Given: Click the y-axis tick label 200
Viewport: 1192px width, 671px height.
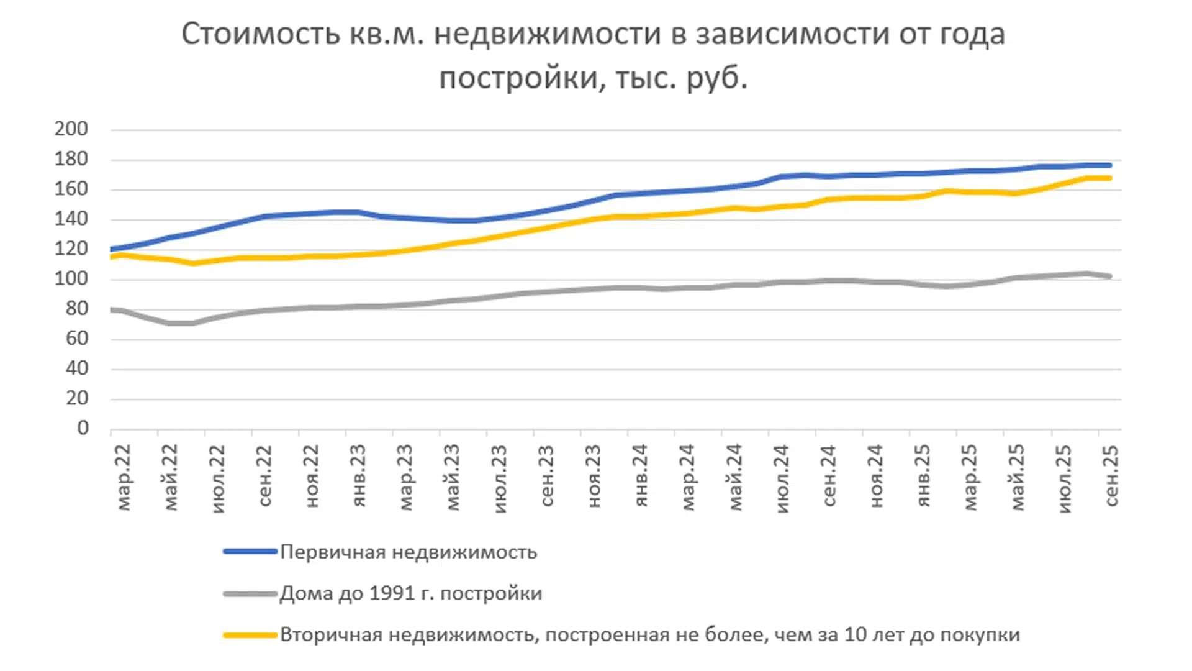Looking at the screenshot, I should [71, 129].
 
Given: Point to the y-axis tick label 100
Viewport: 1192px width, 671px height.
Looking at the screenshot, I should [71, 278].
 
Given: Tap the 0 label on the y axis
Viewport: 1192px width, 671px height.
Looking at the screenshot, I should [83, 428].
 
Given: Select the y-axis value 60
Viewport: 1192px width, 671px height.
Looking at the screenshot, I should [76, 339].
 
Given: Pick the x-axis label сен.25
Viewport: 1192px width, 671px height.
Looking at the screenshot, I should [1111, 476].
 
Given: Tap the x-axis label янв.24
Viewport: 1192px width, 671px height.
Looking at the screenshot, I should [641, 475].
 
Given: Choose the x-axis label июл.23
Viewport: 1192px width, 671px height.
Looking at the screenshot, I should [500, 478].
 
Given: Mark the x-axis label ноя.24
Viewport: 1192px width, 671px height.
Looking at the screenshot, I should [875, 475].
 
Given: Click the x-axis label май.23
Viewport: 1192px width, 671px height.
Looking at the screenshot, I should [453, 477].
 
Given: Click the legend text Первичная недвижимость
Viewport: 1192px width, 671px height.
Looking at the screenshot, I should [409, 552].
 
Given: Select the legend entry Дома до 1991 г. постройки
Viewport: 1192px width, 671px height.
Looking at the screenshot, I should [411, 593].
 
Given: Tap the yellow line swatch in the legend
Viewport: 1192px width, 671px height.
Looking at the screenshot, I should [250, 635].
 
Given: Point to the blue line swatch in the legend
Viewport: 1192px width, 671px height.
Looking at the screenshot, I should [250, 551].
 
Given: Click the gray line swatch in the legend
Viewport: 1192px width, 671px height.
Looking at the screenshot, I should [250, 594].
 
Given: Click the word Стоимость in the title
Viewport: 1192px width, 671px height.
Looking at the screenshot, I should [261, 34].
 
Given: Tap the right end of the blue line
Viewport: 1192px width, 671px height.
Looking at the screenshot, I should [1109, 165].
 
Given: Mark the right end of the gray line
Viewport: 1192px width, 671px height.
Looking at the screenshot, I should [1109, 276].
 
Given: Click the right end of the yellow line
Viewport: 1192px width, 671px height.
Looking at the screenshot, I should [1109, 178].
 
